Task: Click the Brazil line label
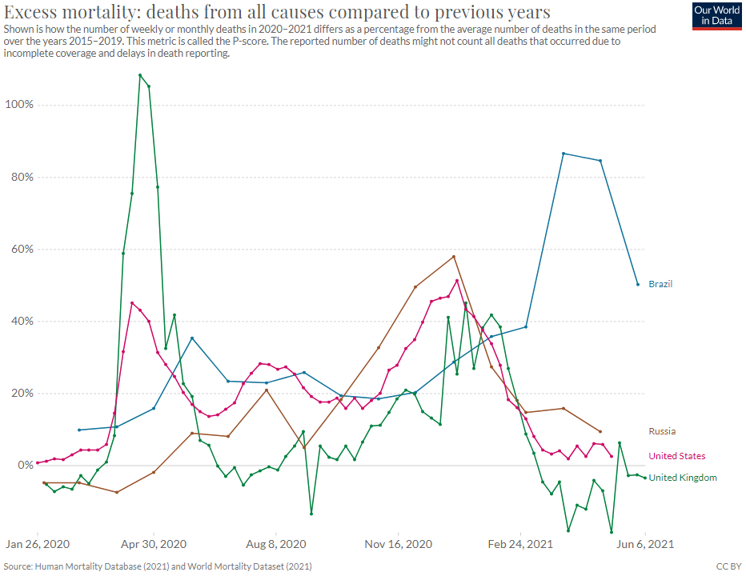tap(660, 284)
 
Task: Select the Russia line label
tap(662, 431)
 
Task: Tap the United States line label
tap(676, 456)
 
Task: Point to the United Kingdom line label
tap(682, 478)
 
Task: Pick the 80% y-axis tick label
tap(20, 177)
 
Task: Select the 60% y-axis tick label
tap(20, 249)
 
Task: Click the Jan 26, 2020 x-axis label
tap(37, 543)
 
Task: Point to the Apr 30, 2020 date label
tap(154, 543)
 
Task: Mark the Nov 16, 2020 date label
tap(398, 543)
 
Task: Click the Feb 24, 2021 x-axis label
tap(520, 543)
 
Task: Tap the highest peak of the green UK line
tap(140, 75)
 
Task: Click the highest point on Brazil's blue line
tap(564, 153)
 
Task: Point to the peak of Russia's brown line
tap(454, 257)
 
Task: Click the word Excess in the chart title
tap(31, 12)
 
